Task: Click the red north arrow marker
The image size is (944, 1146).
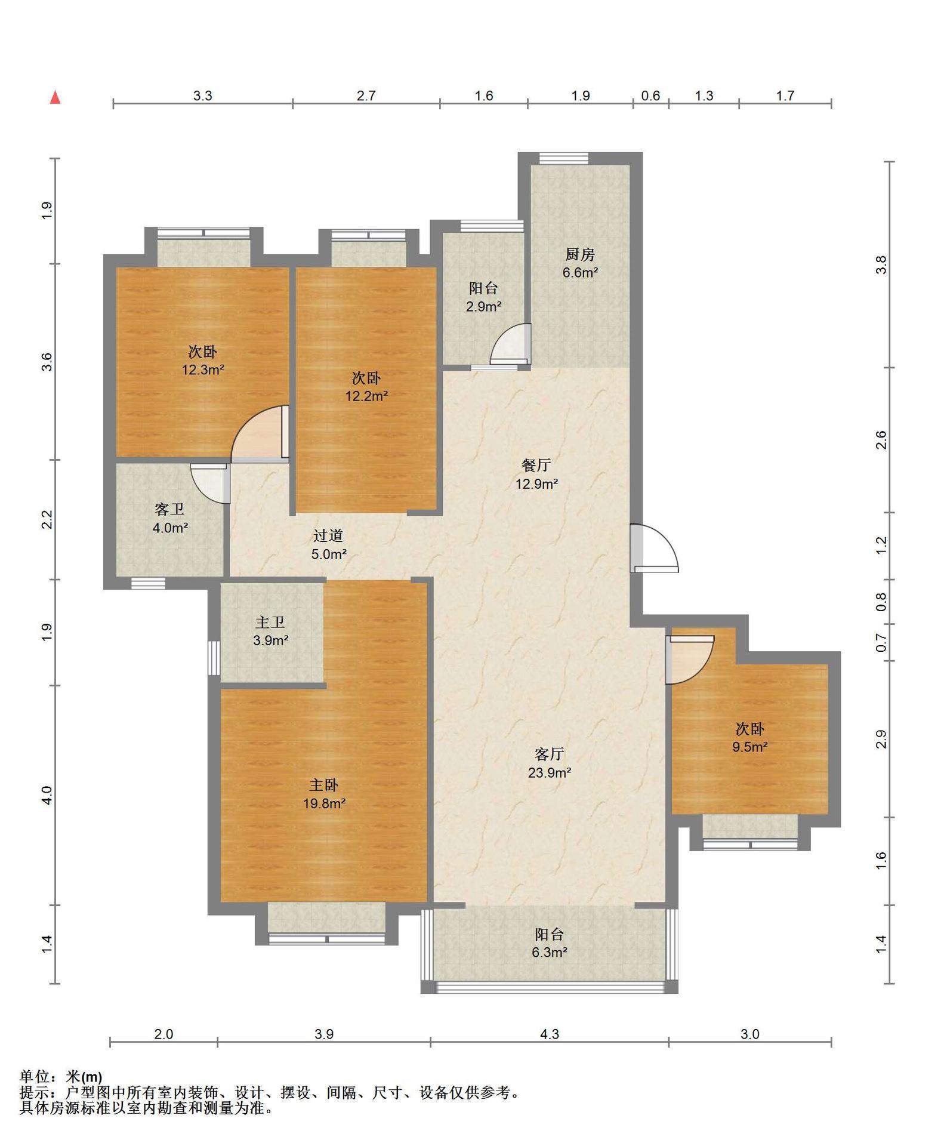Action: pyautogui.click(x=55, y=97)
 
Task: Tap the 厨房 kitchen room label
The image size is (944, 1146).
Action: pyautogui.click(x=580, y=255)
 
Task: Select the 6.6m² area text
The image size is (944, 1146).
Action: pyautogui.click(x=580, y=273)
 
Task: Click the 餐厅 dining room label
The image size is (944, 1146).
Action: pyautogui.click(x=536, y=465)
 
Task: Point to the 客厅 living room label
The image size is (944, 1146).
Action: pyautogui.click(x=550, y=754)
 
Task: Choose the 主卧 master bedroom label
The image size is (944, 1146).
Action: pyautogui.click(x=324, y=785)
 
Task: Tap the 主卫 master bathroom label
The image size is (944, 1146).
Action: pyautogui.click(x=270, y=623)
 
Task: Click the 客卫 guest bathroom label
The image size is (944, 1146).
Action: pyautogui.click(x=169, y=509)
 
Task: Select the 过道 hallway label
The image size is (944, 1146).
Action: pyautogui.click(x=328, y=536)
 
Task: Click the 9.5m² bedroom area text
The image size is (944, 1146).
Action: pyautogui.click(x=750, y=747)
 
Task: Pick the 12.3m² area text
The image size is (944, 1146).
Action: pyautogui.click(x=203, y=369)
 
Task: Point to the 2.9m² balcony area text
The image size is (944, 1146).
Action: pyautogui.click(x=483, y=307)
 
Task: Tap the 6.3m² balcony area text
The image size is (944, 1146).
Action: pyautogui.click(x=550, y=953)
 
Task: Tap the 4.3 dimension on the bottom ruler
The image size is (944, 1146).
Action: pyautogui.click(x=550, y=1034)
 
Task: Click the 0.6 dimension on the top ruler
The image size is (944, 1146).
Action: pyautogui.click(x=650, y=95)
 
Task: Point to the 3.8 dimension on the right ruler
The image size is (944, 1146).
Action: pyautogui.click(x=881, y=264)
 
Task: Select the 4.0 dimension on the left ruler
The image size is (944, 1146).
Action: pyautogui.click(x=47, y=795)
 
